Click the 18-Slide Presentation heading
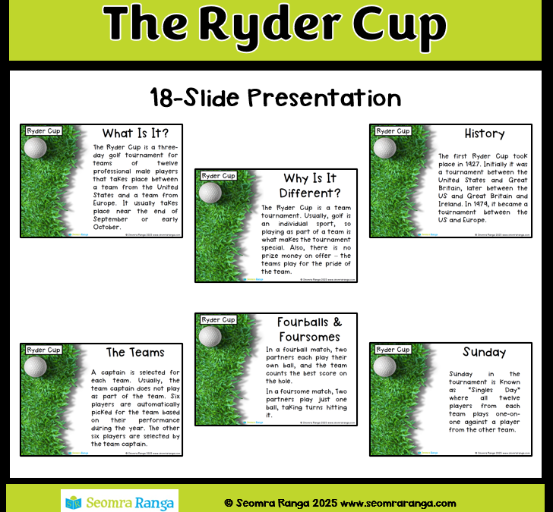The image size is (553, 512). coord(276,98)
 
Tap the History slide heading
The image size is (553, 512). coord(484,133)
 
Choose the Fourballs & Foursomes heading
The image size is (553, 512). coord(308,329)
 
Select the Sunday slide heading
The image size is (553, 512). coord(484,352)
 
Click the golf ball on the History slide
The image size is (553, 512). coord(384,147)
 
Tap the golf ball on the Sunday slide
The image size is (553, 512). coord(384,366)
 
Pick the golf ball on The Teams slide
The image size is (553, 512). coord(36,366)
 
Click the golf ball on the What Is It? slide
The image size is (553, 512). coord(36,147)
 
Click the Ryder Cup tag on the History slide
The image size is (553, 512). coord(393,131)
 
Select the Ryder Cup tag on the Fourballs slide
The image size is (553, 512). coord(218,320)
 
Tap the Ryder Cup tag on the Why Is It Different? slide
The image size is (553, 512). coord(218,176)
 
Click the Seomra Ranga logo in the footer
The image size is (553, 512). coord(119,501)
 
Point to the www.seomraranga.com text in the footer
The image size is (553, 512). coord(398,503)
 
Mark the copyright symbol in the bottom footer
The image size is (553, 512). coord(229,503)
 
